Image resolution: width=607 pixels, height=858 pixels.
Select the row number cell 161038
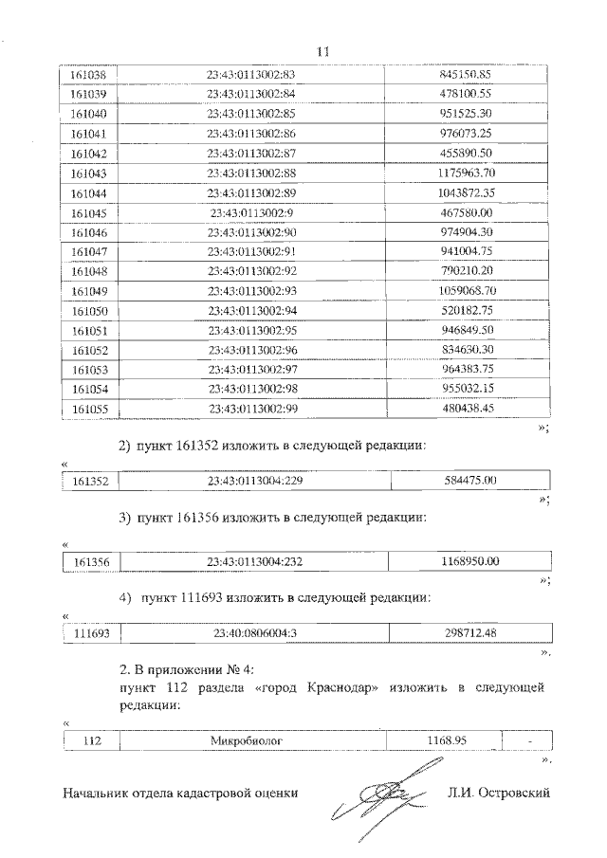click(90, 73)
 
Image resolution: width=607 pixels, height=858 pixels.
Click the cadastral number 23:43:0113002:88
click(252, 173)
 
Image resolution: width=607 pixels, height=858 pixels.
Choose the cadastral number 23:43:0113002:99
click(252, 410)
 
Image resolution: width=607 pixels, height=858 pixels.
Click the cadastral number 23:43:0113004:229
click(253, 481)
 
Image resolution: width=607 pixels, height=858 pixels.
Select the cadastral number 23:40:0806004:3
click(251, 632)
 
